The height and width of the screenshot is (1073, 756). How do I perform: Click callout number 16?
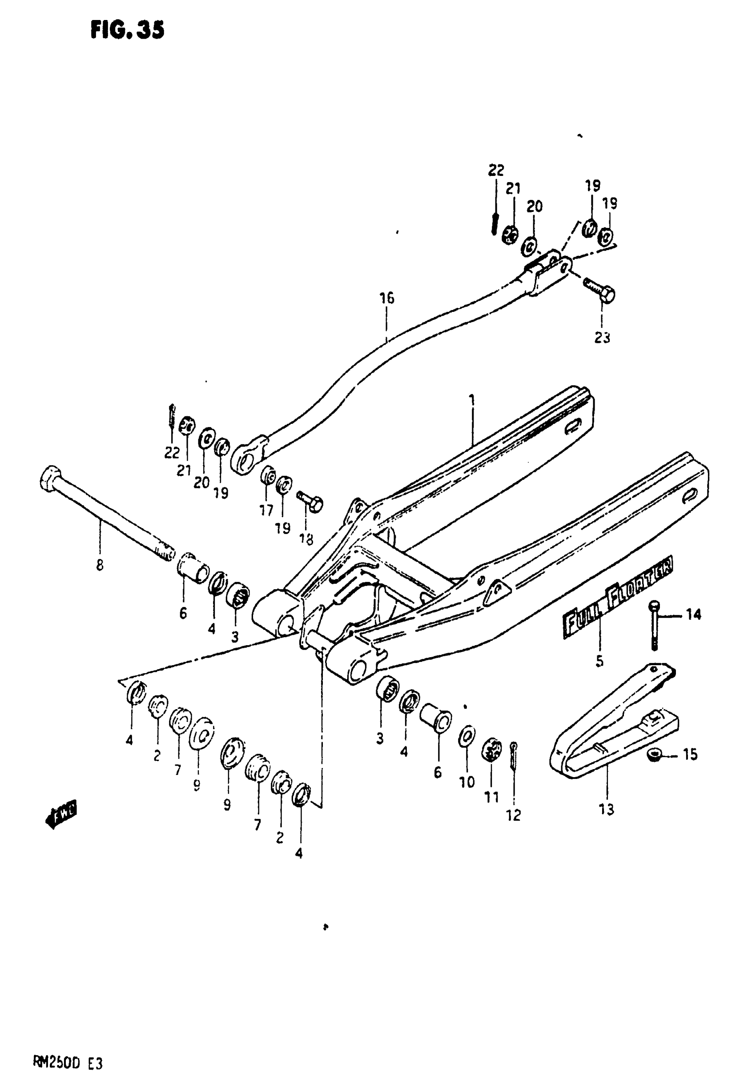(387, 298)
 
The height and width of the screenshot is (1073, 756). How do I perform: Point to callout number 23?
(602, 337)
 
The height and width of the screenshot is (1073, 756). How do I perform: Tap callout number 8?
(99, 566)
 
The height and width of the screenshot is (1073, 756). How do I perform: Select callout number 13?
(606, 809)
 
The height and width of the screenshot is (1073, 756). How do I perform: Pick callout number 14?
(693, 614)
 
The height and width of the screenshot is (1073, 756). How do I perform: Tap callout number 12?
(513, 815)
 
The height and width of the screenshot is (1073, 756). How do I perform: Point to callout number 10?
(467, 782)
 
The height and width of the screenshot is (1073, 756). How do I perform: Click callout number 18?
(306, 539)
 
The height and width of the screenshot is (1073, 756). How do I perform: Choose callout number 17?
(266, 511)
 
